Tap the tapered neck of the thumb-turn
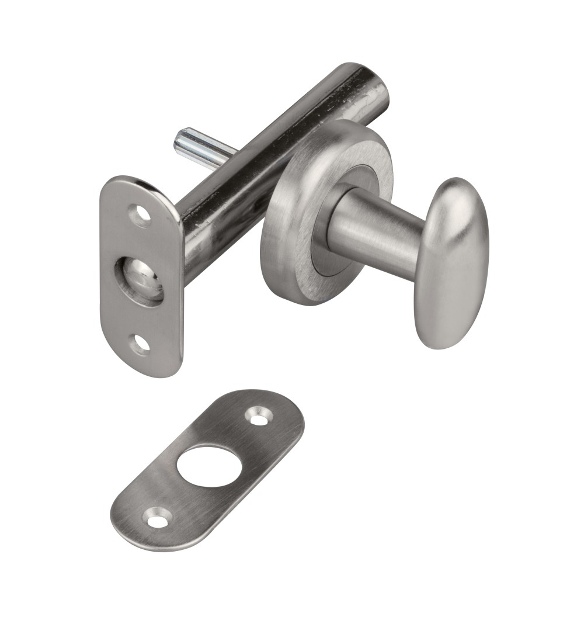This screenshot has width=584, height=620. tap(374, 230)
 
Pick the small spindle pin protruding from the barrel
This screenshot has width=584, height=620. tap(204, 148)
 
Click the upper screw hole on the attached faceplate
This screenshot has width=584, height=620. tap(140, 216)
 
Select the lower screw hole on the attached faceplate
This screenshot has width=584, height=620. tap(140, 344)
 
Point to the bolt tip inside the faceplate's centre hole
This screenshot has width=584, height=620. tap(140, 279)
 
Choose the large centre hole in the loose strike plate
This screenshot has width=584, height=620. tap(209, 466)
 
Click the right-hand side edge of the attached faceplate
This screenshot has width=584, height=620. tap(180, 292)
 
